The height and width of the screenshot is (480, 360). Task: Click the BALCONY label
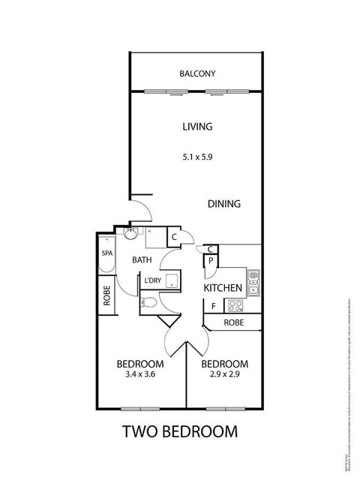coord(198,73)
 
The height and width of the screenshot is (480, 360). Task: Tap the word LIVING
coord(198,127)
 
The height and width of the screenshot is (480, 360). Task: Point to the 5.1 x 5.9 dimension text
coord(198,157)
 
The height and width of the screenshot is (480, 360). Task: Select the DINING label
coord(223,203)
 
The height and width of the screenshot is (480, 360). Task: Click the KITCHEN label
coord(223,288)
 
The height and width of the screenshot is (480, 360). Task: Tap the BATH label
coord(143,260)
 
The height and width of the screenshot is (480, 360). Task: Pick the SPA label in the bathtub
coord(107,253)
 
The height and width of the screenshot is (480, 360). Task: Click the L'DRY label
coord(153,281)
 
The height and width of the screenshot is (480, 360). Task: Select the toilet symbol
coord(150,303)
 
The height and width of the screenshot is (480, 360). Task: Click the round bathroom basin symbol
coord(131,235)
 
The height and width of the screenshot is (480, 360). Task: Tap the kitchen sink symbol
coord(253,280)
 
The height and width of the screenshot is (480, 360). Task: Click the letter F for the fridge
coord(213,306)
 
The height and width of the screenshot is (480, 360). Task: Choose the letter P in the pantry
coord(211,262)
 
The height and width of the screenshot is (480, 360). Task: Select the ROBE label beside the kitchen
coord(232,322)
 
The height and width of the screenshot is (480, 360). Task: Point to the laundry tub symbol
coord(172,281)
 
